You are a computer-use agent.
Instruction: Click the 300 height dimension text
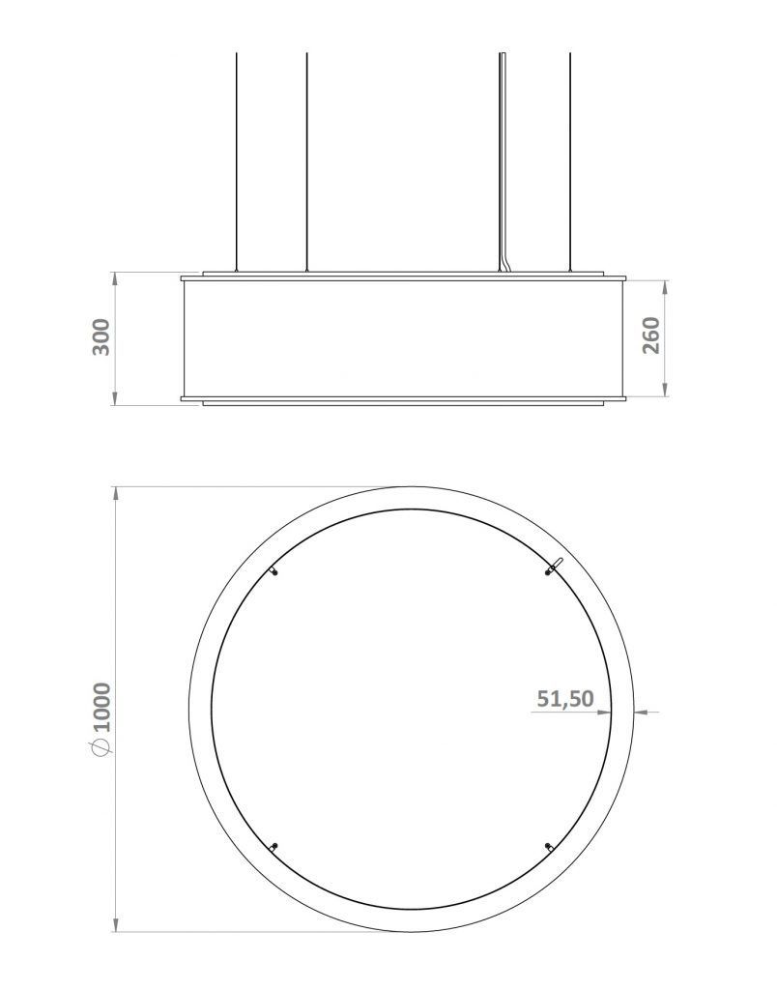pos(101,336)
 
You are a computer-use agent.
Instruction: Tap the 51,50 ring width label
pos(564,699)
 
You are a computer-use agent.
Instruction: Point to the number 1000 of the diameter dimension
pos(102,709)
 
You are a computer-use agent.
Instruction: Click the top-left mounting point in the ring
pos(275,572)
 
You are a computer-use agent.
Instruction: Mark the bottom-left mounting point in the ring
pos(275,846)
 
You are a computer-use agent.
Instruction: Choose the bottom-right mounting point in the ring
pos(550,847)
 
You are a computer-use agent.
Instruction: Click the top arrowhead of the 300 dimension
pos(116,278)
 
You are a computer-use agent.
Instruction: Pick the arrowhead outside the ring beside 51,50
pos(642,713)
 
